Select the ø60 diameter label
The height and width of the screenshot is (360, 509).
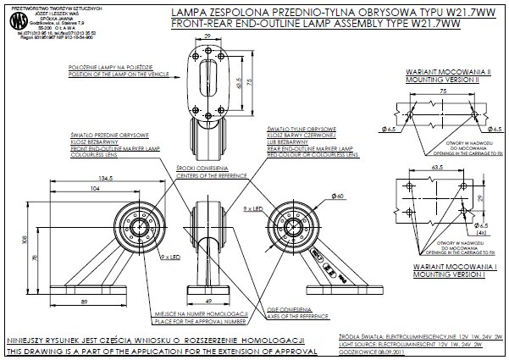point(336,197)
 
